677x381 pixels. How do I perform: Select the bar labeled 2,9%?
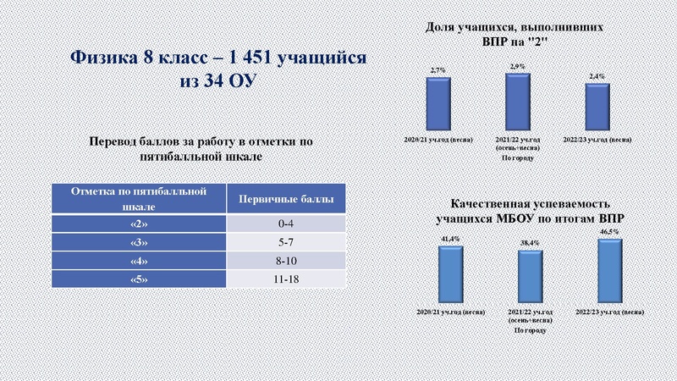[x=518, y=98]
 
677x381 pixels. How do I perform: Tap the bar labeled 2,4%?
[x=598, y=103]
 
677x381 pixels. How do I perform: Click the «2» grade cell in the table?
[x=139, y=224]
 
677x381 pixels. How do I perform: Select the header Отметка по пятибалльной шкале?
[x=139, y=198]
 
